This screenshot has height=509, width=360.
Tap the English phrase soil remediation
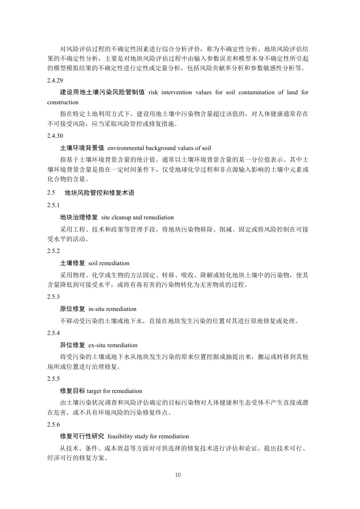coord(109,263)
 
